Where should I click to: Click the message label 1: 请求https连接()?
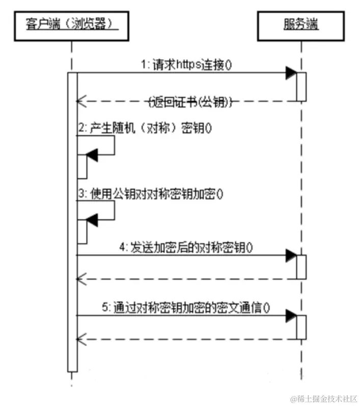[x=187, y=65]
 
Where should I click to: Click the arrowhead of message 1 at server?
[x=291, y=73]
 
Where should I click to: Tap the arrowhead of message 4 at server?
[x=291, y=255]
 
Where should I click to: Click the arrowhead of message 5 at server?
[x=291, y=316]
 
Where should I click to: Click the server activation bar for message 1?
[x=301, y=87]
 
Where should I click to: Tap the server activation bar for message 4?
[x=301, y=266]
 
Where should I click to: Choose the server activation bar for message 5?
[x=301, y=327]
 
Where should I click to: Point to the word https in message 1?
[x=187, y=65]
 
